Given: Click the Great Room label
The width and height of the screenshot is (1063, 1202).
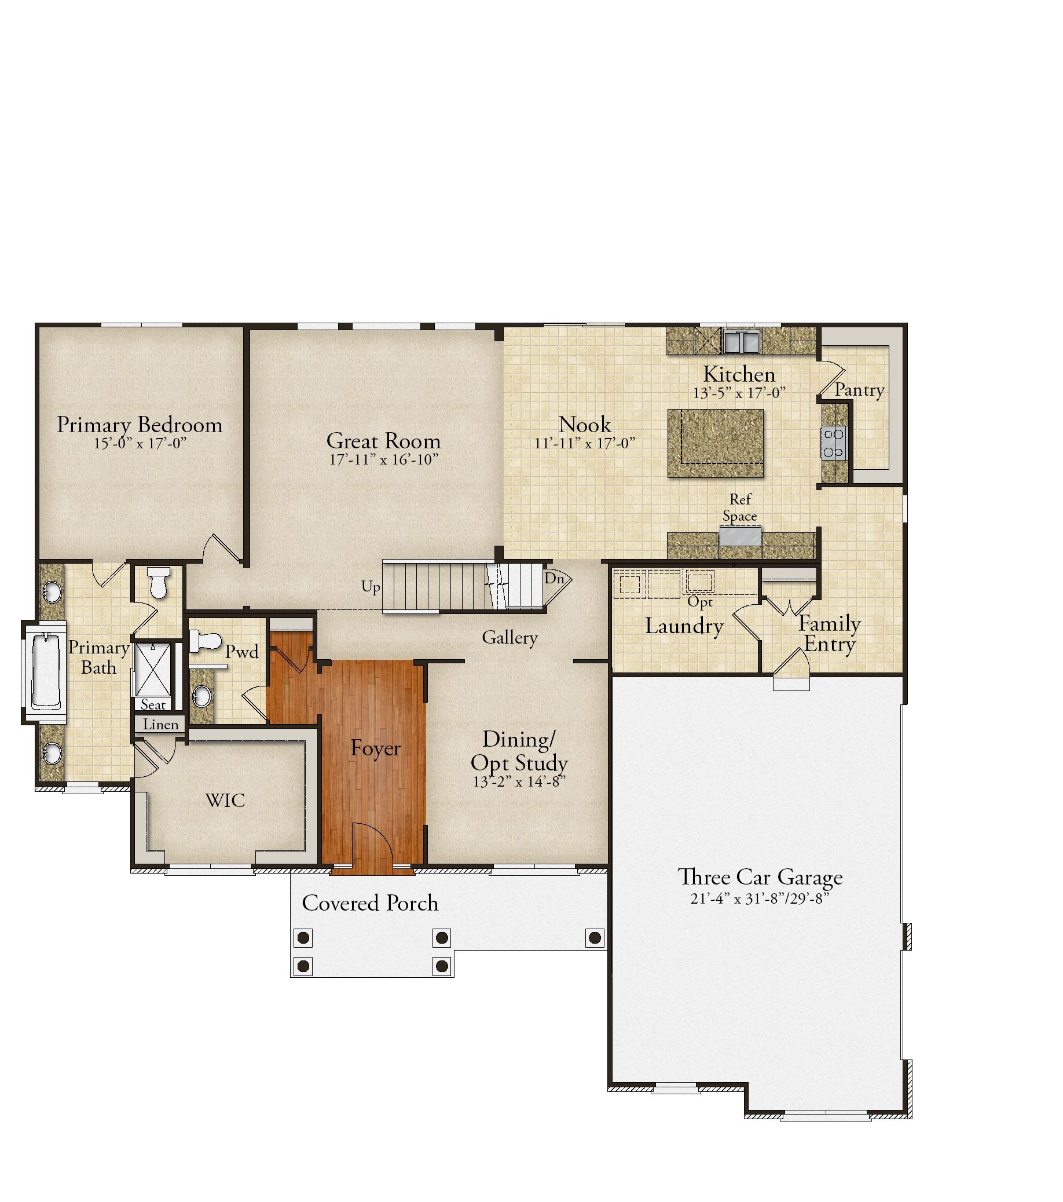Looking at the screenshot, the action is point(383,440).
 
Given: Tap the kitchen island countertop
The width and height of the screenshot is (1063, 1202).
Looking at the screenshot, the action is point(716,443).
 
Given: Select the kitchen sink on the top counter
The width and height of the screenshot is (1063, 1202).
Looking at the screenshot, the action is point(741,341).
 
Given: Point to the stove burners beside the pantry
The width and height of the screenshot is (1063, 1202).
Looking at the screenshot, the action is point(834,443).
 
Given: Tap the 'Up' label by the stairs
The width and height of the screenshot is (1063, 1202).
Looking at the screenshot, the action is point(370,587).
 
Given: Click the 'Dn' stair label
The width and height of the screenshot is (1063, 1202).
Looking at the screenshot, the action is point(554,578).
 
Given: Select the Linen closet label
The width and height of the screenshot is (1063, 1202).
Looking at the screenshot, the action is point(160,725).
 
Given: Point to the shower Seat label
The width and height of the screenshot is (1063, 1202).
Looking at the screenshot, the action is point(153,704).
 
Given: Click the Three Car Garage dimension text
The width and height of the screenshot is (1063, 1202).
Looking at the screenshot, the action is point(759,898).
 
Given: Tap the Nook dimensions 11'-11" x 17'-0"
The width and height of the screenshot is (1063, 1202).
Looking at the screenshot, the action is point(585,443).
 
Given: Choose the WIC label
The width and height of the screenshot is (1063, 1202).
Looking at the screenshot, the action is point(225,800).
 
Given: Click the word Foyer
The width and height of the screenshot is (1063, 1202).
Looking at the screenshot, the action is point(376,748).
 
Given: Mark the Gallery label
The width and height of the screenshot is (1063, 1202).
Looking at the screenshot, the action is point(509,637).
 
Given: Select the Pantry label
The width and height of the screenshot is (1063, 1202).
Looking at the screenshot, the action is point(860,390).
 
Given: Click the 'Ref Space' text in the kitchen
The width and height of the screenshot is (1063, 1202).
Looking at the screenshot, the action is point(740,507).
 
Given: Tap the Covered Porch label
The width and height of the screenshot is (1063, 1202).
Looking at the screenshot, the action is point(370,903).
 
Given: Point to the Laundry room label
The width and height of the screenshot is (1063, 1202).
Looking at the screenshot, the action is point(684,626).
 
